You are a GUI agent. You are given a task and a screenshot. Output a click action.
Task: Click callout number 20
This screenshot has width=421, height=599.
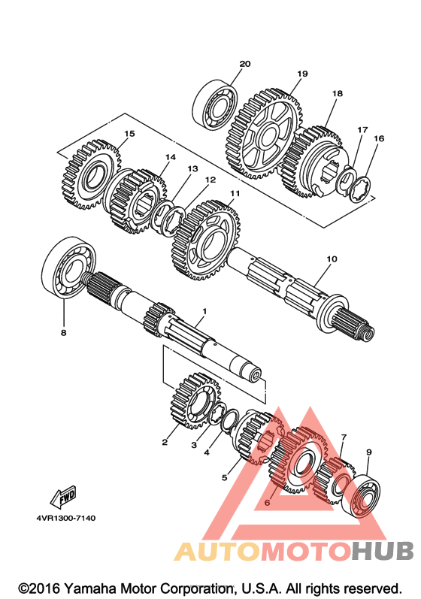245,64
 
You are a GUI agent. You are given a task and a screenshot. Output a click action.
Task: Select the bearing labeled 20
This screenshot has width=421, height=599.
215,104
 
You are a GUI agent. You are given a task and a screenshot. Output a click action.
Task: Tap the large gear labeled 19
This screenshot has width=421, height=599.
265,134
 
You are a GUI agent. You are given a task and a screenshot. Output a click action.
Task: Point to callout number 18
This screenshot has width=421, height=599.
338,93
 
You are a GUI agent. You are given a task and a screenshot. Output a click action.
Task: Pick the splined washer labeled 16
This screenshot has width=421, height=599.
360,189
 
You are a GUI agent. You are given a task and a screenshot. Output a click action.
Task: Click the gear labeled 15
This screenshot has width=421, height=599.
92,174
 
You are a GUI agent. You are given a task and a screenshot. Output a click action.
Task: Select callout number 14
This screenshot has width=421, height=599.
171,157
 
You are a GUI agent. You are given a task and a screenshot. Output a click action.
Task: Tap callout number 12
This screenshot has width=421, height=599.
210,180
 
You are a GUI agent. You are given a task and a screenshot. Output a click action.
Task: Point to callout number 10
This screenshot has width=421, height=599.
332,259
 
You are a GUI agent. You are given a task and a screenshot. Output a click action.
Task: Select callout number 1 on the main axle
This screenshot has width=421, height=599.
204,311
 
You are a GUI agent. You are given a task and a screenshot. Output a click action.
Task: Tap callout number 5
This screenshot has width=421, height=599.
224,477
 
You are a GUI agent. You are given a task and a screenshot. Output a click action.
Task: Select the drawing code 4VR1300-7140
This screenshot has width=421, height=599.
66,519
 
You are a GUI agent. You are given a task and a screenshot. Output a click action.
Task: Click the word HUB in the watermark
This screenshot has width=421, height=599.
383,551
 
